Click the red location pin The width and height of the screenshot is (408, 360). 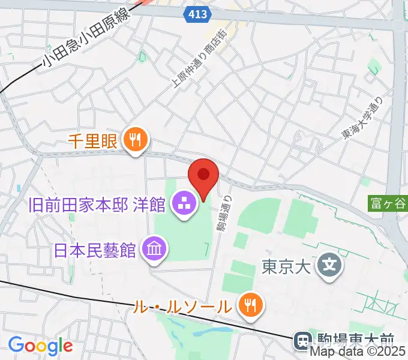pos(203,176)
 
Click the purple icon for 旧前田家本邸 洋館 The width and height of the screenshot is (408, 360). pos(182,204)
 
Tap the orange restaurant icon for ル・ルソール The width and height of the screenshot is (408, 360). pos(248,305)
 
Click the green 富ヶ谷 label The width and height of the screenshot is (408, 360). pos(388,204)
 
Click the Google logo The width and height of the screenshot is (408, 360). pos(40,346)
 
